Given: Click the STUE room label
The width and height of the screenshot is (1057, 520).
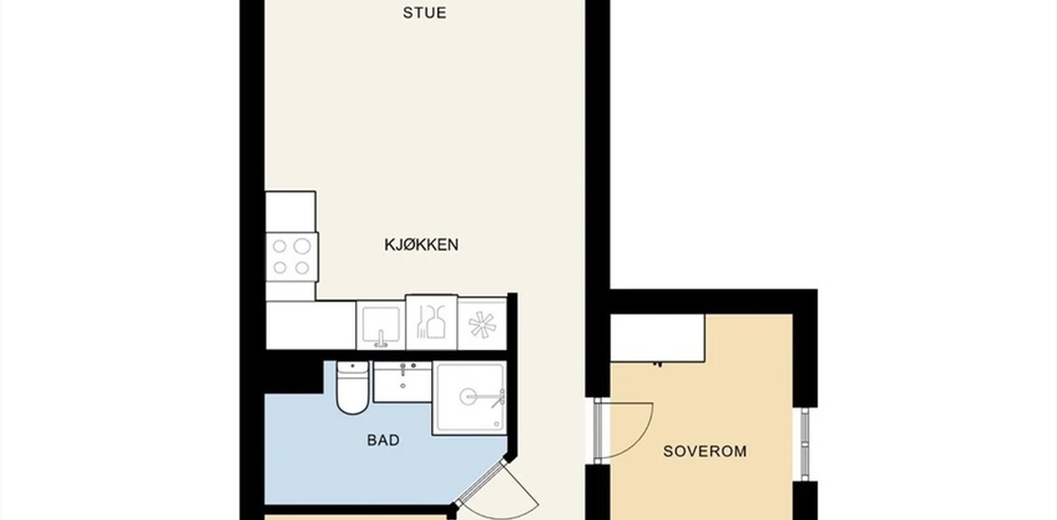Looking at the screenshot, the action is pyautogui.click(x=424, y=12).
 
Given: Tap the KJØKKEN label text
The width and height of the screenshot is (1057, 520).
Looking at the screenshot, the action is pyautogui.click(x=421, y=244).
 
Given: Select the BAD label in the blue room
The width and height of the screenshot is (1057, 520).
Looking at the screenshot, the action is pyautogui.click(x=383, y=440).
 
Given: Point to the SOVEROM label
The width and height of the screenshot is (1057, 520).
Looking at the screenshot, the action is pyautogui.click(x=705, y=451).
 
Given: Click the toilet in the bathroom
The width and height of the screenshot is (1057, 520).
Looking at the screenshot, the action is pyautogui.click(x=353, y=387).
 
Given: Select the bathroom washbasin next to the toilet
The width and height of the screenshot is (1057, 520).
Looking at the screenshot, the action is pyautogui.click(x=402, y=381).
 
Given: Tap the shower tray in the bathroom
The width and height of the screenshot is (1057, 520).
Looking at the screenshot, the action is pyautogui.click(x=470, y=398).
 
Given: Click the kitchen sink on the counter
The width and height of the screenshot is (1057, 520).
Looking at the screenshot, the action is pyautogui.click(x=381, y=325).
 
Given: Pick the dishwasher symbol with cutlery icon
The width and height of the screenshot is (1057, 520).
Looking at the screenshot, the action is pyautogui.click(x=431, y=323).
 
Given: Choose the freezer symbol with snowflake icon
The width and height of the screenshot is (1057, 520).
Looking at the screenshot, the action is pyautogui.click(x=482, y=324).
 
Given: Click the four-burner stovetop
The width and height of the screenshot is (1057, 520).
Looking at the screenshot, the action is pyautogui.click(x=292, y=258).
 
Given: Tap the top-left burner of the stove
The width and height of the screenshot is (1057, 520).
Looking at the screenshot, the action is pyautogui.click(x=280, y=246).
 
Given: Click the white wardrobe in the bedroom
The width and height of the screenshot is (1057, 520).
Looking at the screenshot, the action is pyautogui.click(x=657, y=338).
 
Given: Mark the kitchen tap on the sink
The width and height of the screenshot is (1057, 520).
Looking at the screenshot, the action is pyautogui.click(x=381, y=339).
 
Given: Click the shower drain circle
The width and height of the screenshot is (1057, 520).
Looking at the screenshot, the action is pyautogui.click(x=469, y=396).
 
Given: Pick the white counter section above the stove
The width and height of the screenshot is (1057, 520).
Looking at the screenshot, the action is pyautogui.click(x=291, y=212).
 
